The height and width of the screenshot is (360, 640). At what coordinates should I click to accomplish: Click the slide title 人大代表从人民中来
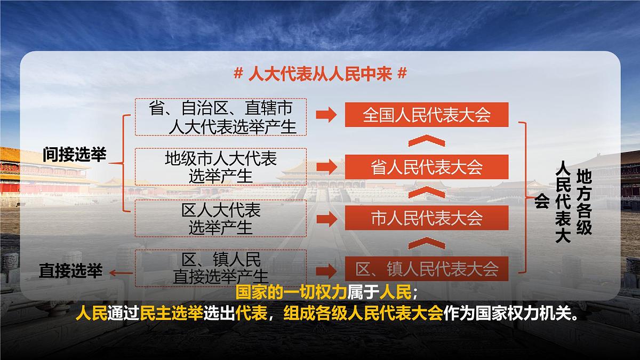point(320,74)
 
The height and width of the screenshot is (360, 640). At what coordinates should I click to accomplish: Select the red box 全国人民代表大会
point(427,115)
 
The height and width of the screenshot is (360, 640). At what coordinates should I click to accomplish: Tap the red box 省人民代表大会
point(427,167)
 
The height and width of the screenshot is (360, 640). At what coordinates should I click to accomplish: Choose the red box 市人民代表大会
point(427,218)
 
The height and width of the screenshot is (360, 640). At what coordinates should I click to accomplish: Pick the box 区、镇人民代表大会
point(427,268)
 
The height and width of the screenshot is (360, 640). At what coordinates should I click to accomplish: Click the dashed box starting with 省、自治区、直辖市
point(220,117)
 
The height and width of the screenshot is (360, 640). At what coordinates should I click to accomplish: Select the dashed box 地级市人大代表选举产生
point(220,167)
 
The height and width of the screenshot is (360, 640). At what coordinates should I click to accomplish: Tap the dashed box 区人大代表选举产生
point(220,218)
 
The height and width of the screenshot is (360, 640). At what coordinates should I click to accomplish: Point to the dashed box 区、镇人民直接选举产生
point(220,268)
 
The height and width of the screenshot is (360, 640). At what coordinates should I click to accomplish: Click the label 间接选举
point(75,155)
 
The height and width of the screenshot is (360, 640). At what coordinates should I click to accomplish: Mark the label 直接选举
point(70,271)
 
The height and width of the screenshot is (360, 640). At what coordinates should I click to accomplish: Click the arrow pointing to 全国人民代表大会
point(326,115)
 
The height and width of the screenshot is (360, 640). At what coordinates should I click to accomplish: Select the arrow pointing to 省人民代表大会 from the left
point(326,167)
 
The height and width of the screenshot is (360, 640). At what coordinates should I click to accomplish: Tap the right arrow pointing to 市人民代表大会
point(326,218)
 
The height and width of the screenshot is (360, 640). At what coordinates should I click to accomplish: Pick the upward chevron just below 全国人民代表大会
point(426,141)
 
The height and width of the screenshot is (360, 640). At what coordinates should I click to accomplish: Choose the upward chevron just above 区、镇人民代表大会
point(426,243)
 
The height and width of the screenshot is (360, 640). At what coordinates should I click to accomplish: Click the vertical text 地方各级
point(584,202)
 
